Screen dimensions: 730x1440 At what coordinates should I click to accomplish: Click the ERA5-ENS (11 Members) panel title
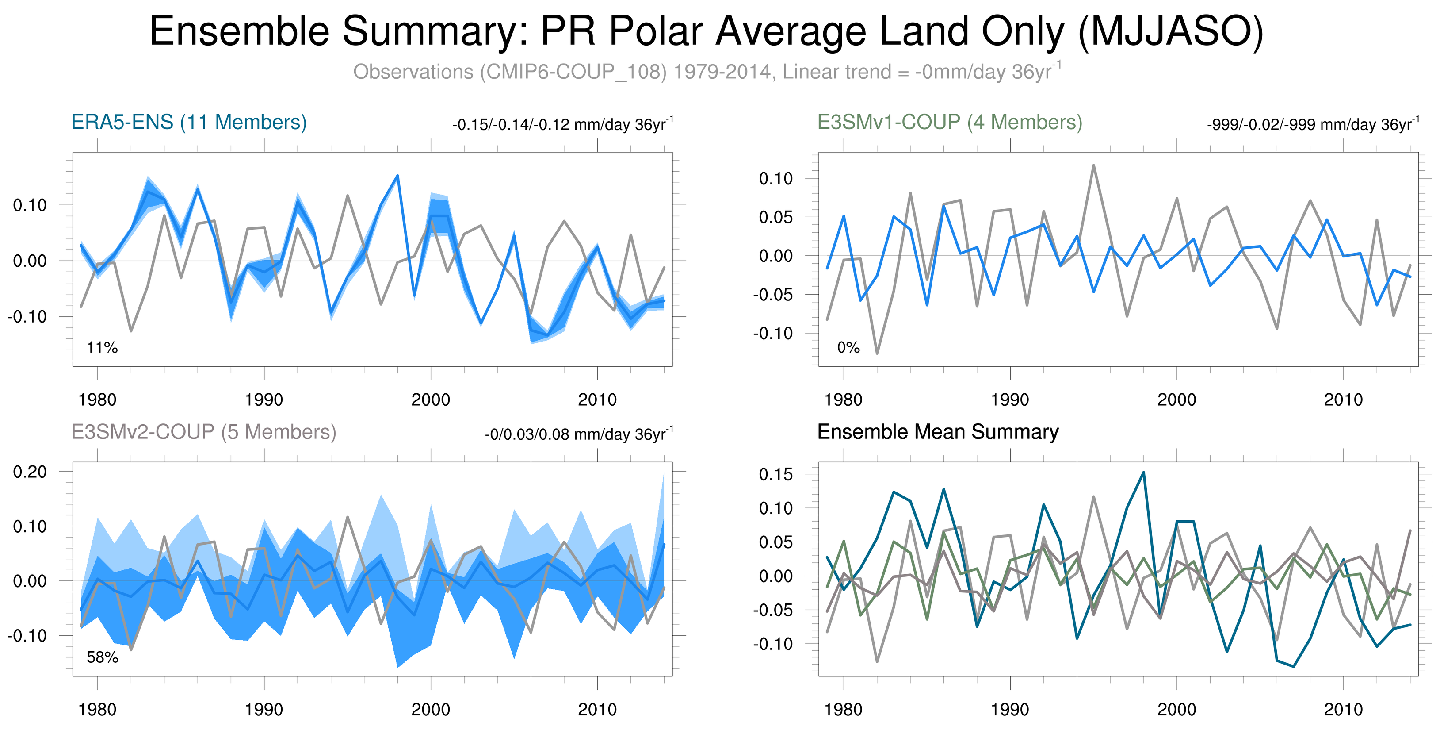tap(189, 122)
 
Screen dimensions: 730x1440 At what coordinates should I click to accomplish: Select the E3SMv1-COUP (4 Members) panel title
tap(949, 122)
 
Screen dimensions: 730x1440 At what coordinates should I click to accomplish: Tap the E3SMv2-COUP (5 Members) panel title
tap(203, 432)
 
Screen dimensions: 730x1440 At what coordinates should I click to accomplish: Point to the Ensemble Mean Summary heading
tap(937, 432)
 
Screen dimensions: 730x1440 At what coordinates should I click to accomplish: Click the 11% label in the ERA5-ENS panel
tap(102, 347)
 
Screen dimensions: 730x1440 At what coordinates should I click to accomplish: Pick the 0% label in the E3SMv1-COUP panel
tap(848, 347)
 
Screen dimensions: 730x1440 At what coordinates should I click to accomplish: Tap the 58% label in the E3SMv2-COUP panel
tap(102, 657)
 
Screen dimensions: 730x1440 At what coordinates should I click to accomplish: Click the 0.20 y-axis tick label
tap(30, 472)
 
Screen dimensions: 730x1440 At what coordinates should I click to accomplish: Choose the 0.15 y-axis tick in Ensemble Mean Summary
tap(776, 474)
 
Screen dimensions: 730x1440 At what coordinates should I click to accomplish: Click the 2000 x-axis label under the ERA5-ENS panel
tap(431, 400)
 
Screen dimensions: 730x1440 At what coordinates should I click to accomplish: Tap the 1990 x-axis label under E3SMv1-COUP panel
tap(1009, 400)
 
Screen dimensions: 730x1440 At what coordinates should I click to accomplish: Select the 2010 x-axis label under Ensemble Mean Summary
tap(1343, 709)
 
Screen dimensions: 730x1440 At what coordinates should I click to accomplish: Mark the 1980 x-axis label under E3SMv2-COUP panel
tap(97, 709)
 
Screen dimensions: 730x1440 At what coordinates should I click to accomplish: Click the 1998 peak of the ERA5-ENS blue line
tap(397, 176)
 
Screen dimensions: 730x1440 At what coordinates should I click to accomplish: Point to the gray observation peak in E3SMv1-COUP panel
tap(1093, 165)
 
